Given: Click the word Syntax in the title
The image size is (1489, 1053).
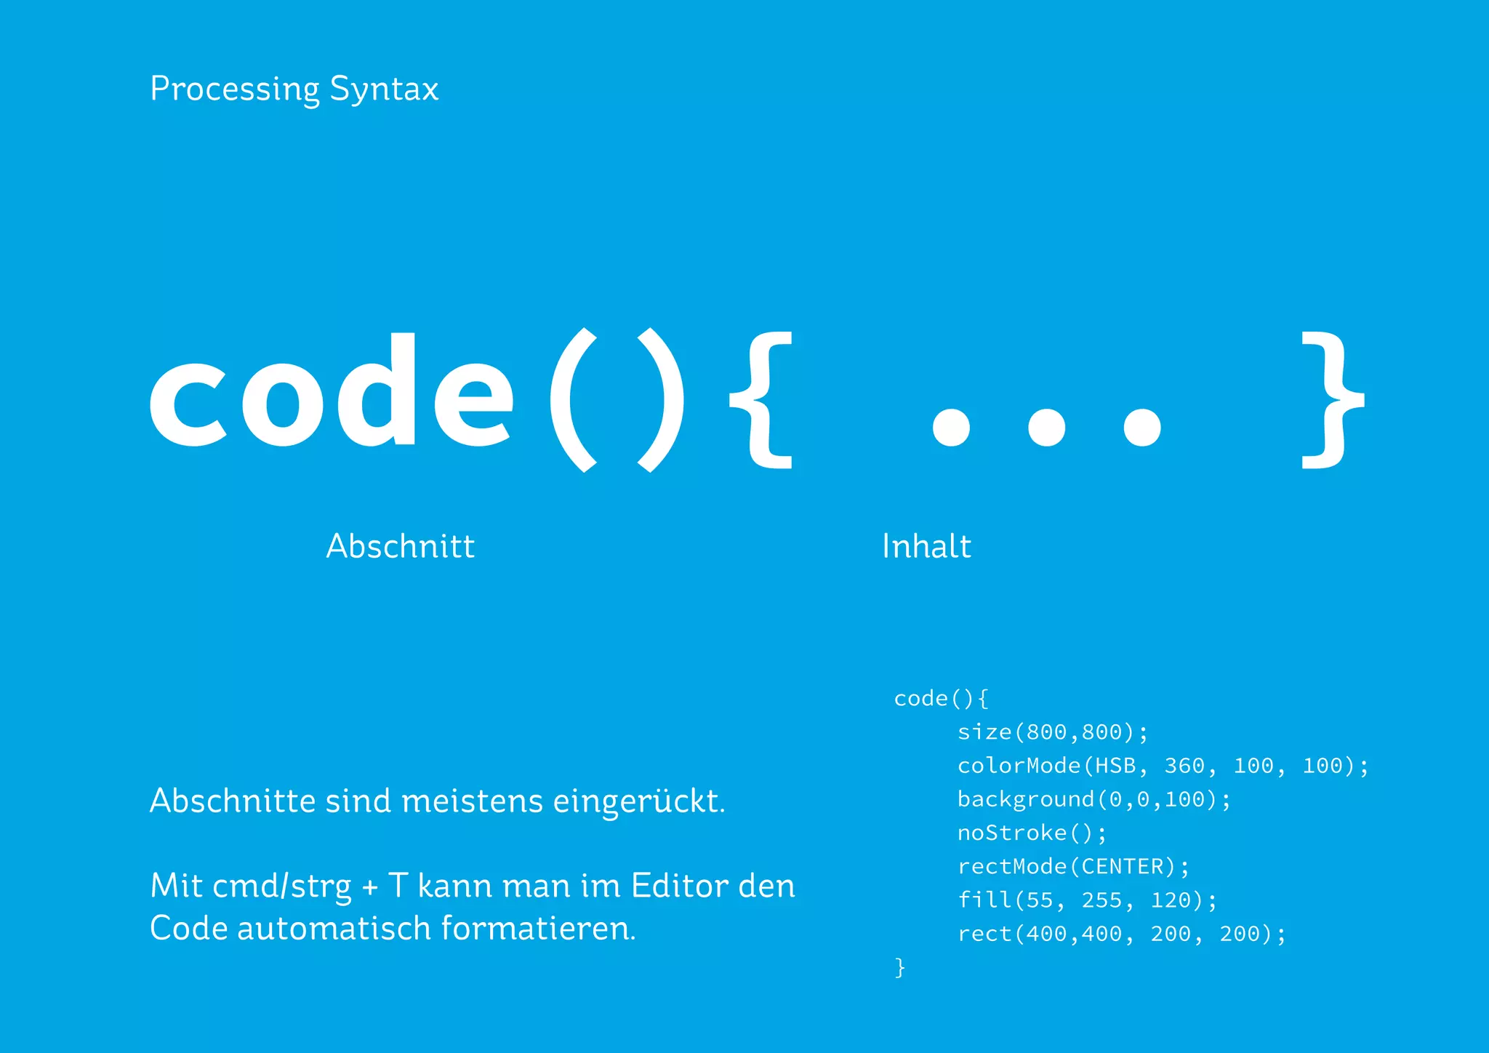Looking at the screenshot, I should [384, 89].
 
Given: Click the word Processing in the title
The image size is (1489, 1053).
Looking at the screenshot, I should [234, 89].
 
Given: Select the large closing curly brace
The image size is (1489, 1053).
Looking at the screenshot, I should [1332, 400].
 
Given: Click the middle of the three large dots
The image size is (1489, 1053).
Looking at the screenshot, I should [1046, 427].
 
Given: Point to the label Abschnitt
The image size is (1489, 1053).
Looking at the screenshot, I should [401, 546].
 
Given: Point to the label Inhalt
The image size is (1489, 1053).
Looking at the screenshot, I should [926, 546].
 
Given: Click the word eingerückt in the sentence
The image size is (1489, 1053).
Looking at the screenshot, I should [638, 801].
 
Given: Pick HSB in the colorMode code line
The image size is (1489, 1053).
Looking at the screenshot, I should [1115, 766].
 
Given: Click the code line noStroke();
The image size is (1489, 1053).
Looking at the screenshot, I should [1032, 833].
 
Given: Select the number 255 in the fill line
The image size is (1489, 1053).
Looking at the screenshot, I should [1101, 900].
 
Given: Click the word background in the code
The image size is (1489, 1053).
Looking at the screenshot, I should [1026, 799].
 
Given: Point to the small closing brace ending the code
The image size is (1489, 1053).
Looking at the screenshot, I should [900, 968].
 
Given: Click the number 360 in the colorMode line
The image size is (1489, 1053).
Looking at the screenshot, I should [1184, 766].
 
